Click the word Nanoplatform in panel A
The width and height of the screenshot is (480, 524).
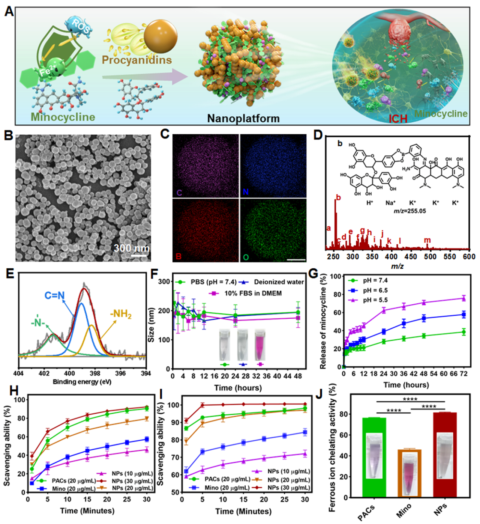(x=243, y=119)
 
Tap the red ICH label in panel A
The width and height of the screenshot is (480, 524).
(x=398, y=119)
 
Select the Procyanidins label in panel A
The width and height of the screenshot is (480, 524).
(x=137, y=60)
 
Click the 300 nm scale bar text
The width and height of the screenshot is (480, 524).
(x=131, y=248)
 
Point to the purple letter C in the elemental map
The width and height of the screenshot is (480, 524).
(x=179, y=193)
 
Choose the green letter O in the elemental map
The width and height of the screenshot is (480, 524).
(x=246, y=257)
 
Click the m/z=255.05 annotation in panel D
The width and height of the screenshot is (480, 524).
(x=409, y=211)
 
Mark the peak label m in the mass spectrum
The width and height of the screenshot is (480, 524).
(x=427, y=240)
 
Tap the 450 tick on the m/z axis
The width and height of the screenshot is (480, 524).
(x=411, y=257)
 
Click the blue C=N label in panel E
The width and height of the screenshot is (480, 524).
(x=55, y=296)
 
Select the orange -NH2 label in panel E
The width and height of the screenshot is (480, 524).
(x=121, y=314)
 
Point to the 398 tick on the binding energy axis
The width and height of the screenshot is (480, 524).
(x=95, y=373)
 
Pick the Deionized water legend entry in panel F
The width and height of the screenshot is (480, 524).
(x=279, y=282)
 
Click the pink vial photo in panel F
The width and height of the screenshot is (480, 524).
(x=260, y=344)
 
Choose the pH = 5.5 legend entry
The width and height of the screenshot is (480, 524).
(x=375, y=300)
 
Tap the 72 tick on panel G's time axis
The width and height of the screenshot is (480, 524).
(x=464, y=374)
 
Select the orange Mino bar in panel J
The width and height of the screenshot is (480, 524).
(x=409, y=473)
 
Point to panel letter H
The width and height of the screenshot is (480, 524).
(x=14, y=391)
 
